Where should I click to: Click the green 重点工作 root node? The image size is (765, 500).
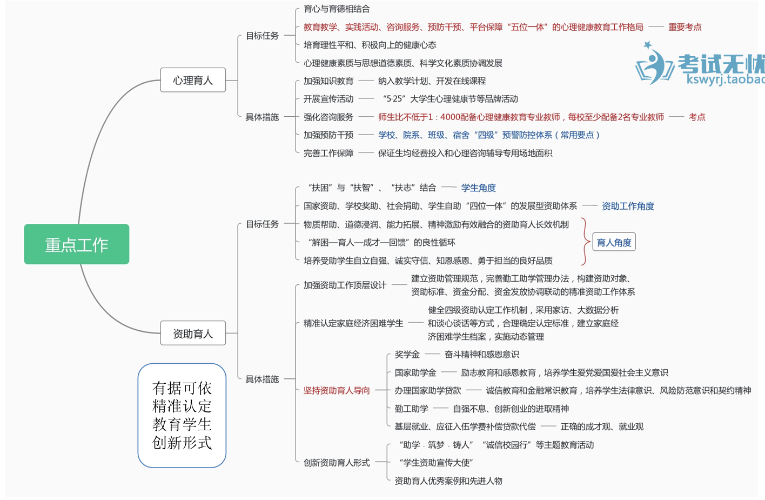pyautogui.click(x=76, y=244)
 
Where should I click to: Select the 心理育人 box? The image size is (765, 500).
pyautogui.click(x=193, y=81)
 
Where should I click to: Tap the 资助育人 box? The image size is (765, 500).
pyautogui.click(x=193, y=334)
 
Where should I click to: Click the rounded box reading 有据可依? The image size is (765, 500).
pyautogui.click(x=182, y=415)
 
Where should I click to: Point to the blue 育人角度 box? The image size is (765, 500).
pyautogui.click(x=614, y=242)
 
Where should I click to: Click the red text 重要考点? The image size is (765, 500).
pyautogui.click(x=685, y=27)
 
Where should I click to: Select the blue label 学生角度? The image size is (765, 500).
pyautogui.click(x=478, y=188)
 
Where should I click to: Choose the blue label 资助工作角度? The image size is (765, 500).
pyautogui.click(x=628, y=206)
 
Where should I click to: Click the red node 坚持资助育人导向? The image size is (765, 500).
pyautogui.click(x=337, y=390)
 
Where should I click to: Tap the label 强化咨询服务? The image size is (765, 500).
pyautogui.click(x=328, y=117)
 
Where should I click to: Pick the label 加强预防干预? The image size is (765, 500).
pyautogui.click(x=328, y=135)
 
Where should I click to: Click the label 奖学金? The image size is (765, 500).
pyautogui.click(x=407, y=355)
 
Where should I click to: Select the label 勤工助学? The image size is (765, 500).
pyautogui.click(x=411, y=409)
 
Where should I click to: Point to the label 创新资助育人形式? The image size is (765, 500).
pyautogui.click(x=337, y=463)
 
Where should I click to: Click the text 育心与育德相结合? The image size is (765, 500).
pyautogui.click(x=337, y=9)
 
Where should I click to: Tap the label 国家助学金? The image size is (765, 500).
pyautogui.click(x=415, y=372)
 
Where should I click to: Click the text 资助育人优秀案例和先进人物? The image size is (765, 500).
pyautogui.click(x=448, y=481)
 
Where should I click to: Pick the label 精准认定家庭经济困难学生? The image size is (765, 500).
pyautogui.click(x=353, y=323)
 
